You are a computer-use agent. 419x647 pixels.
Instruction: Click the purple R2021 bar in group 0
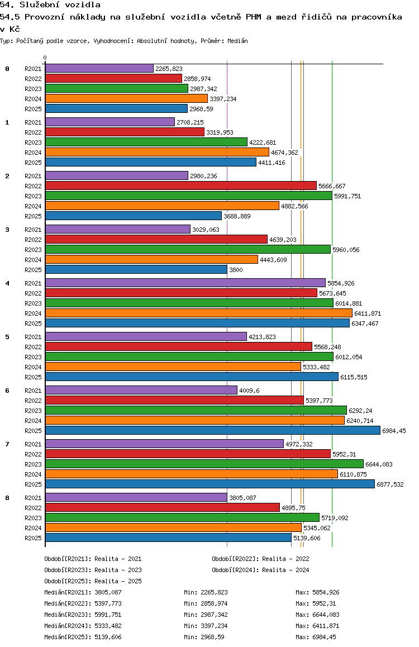(99, 68)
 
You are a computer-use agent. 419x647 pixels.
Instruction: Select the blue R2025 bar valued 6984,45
(212, 430)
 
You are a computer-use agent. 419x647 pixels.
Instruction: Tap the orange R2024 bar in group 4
(198, 313)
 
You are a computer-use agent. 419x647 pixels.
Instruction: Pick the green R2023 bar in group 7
(204, 464)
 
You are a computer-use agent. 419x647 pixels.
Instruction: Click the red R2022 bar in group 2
(180, 185)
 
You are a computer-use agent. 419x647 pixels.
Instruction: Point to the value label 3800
(235, 270)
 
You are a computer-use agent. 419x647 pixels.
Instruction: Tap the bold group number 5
(7, 337)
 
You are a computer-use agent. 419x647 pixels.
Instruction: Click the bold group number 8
(7, 498)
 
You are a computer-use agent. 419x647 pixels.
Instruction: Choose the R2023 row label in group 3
(33, 250)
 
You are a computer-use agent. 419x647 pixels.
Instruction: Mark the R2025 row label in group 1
(33, 163)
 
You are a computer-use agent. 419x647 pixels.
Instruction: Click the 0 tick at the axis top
(45, 58)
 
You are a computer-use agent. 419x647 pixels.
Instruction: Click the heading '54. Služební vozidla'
(50, 5)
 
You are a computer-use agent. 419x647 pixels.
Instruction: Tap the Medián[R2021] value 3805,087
(108, 592)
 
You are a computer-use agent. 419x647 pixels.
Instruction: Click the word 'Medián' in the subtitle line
(238, 41)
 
